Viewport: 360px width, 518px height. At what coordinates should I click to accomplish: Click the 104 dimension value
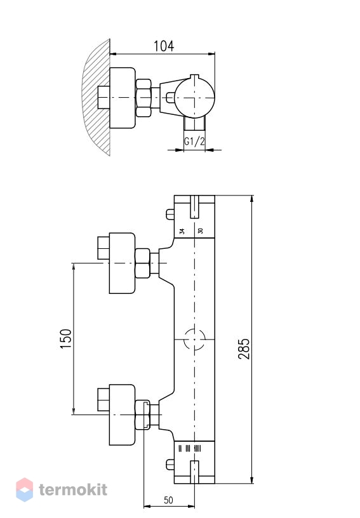tap(164, 46)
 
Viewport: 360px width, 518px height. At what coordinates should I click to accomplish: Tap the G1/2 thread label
tap(194, 142)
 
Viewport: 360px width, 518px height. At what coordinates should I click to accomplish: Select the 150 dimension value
tap(66, 338)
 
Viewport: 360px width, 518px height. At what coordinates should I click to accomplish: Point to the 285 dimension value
tap(244, 349)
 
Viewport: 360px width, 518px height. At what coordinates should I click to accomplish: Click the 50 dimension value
tap(168, 500)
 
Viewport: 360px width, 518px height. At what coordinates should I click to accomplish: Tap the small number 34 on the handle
tap(182, 231)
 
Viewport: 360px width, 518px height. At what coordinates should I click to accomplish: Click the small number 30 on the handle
tap(200, 230)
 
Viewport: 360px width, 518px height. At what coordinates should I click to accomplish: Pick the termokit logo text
tap(73, 489)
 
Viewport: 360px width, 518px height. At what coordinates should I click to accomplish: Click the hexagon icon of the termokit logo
tap(24, 489)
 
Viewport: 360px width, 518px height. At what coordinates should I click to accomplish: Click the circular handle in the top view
tap(194, 98)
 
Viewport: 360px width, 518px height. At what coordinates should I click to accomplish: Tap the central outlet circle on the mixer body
tap(194, 339)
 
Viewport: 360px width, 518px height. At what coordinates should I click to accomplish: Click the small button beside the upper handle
tap(170, 214)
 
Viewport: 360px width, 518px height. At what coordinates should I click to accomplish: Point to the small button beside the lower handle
tap(170, 464)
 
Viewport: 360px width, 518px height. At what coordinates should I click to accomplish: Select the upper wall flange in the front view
tap(122, 263)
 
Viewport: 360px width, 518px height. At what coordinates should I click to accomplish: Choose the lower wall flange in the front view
tap(122, 415)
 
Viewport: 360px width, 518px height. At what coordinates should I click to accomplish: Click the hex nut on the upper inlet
tap(143, 263)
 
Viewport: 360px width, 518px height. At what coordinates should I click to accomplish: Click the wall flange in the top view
tap(122, 98)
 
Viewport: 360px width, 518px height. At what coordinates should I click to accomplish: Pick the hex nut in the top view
tap(143, 98)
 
